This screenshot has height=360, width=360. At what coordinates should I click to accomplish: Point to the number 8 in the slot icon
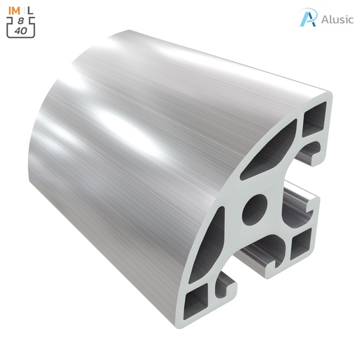point(21,21)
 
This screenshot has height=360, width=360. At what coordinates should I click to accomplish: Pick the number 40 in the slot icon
point(21,31)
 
